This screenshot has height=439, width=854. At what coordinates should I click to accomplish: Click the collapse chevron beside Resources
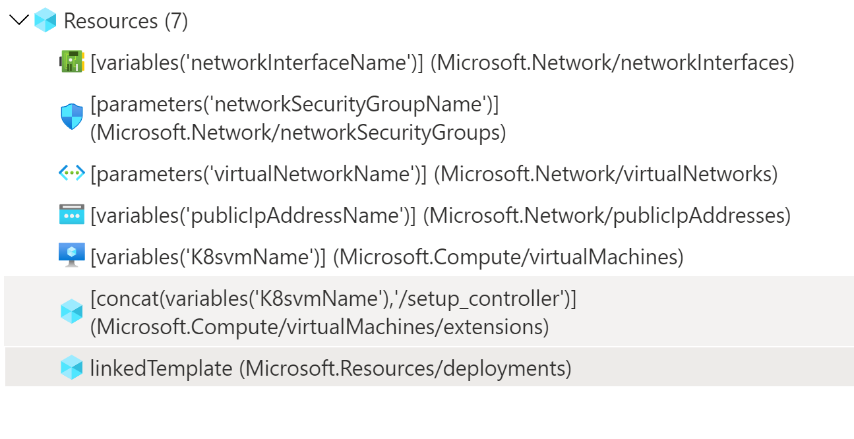20,20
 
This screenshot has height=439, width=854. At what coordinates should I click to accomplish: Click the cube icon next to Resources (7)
46,20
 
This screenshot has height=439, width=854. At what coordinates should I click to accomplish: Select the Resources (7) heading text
126,21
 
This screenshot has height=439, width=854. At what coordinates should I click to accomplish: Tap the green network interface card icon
71,62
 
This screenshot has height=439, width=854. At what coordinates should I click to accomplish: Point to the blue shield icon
71,117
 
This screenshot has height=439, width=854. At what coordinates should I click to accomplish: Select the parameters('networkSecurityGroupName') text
294,104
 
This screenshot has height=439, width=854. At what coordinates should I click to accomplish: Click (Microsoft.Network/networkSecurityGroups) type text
298,132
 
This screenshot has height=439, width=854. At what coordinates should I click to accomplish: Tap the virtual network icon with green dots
71,173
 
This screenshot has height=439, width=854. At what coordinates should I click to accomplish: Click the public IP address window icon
71,215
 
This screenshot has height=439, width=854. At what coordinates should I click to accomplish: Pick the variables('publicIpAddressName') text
253,216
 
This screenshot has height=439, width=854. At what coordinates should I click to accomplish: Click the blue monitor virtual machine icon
71,256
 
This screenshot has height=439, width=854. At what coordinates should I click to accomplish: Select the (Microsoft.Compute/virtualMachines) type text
508,256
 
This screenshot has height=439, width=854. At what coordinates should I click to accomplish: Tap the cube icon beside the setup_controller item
71,311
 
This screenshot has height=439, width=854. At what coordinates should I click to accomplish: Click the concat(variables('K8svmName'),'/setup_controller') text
334,299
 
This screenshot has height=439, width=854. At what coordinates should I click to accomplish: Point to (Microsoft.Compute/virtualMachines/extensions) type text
319,326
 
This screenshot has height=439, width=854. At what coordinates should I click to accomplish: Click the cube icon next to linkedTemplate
71,368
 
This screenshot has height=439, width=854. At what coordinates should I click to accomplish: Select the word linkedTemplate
161,368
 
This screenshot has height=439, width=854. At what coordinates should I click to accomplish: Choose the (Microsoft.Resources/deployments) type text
405,368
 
